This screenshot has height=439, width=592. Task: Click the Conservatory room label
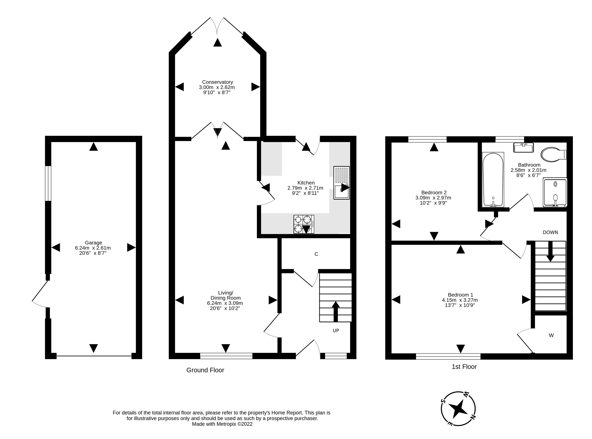(x=218, y=82)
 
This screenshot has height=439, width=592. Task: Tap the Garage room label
(x=93, y=243)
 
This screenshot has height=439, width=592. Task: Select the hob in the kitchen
(x=304, y=224)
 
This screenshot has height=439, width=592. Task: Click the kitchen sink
(x=342, y=183)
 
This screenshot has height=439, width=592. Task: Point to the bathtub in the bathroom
(x=493, y=180)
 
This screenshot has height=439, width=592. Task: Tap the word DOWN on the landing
(x=550, y=232)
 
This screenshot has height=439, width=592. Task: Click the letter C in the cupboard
(x=316, y=254)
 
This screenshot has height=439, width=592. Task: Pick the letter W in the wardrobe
(x=551, y=335)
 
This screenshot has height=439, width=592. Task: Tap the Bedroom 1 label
(x=460, y=295)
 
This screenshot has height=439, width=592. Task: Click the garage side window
(x=48, y=183)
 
